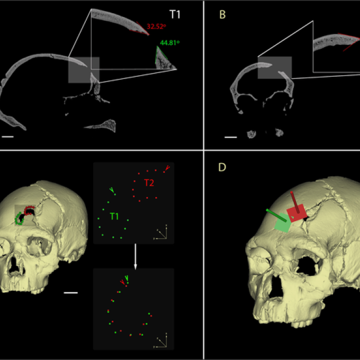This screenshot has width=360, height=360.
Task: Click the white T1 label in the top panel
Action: coord(175,15)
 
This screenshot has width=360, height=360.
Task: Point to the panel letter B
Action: coord(222,15)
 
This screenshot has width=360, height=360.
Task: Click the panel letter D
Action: coord(222,168)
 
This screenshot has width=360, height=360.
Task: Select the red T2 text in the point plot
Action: coord(149,183)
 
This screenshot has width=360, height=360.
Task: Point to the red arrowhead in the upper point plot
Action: coord(167,168)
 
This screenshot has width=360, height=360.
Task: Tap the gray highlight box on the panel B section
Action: coord(274,68)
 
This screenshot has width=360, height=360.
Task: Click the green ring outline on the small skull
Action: coord(20,219)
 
